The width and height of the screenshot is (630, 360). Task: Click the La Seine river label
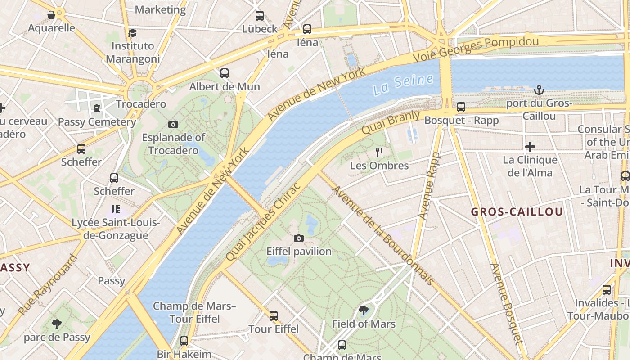point(403,84)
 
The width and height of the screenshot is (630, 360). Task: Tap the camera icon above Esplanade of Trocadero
point(173,124)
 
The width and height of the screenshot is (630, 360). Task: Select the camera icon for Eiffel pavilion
point(298,238)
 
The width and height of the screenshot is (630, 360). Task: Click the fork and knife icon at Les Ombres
point(379,153)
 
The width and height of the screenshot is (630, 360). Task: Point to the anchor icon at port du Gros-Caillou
point(539,90)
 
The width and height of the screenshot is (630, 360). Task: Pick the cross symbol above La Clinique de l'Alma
point(530,147)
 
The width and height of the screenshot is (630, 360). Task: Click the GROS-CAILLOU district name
point(517,212)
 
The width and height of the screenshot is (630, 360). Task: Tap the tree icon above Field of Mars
point(364,310)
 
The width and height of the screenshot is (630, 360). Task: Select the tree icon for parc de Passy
point(56,324)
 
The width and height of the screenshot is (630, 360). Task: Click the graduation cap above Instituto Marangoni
point(132,33)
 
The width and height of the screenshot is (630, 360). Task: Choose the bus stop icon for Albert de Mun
point(224,73)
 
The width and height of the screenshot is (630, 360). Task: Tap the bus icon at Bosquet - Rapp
point(461,107)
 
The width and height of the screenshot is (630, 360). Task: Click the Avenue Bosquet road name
point(506,304)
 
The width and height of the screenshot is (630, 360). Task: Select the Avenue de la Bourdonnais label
point(382,235)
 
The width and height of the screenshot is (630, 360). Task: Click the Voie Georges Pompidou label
point(476,49)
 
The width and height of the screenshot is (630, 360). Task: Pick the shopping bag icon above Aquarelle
point(51,15)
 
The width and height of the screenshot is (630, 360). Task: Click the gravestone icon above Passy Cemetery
point(97,108)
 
